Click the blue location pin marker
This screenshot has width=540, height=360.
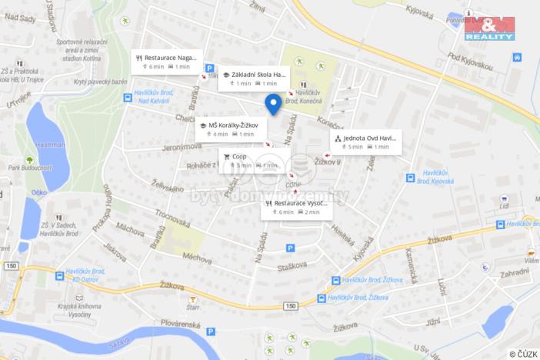point(272,104)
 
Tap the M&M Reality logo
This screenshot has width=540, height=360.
point(489,28)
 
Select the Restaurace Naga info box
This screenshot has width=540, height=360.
point(167,62)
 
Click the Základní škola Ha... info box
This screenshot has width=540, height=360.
point(253,78)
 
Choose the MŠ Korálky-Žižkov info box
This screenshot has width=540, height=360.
point(228,128)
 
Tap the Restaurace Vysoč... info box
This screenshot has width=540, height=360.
point(297,207)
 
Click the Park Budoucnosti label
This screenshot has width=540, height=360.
point(28,167)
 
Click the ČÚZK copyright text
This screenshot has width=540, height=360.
point(522,354)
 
